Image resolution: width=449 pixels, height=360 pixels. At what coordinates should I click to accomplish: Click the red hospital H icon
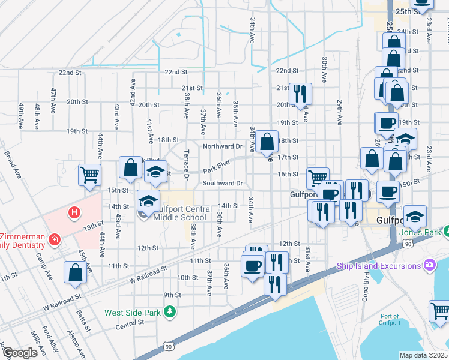(74, 212)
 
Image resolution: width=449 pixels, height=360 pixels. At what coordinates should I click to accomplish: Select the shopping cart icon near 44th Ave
(89, 175)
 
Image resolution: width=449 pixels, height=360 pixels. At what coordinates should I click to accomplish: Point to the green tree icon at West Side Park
(170, 311)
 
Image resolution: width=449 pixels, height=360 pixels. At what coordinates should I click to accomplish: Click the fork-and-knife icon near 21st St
(300, 93)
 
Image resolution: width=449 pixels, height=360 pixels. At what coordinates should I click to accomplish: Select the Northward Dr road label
(221, 146)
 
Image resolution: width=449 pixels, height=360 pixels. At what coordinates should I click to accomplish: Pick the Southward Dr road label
(222, 183)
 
